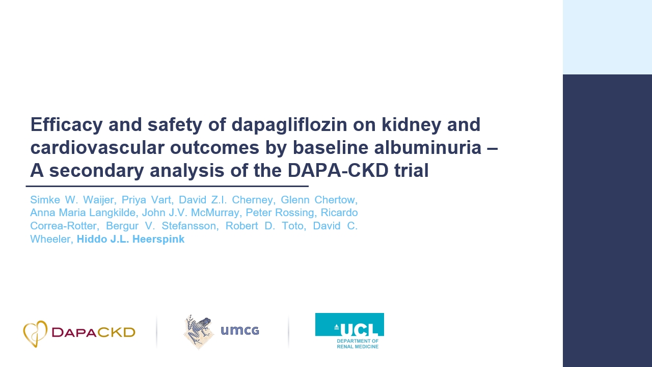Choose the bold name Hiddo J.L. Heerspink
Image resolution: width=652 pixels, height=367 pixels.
pos(130,239)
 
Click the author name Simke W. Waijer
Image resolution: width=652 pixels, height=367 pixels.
pos(72,199)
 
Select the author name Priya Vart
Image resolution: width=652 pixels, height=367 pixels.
pos(146,199)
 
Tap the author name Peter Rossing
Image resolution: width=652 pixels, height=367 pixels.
pos(286,213)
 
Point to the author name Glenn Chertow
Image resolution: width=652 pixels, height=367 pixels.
pos(319,199)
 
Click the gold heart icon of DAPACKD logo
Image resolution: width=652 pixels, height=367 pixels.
pos(35,334)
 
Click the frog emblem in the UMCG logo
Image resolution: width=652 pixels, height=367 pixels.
pos(199,331)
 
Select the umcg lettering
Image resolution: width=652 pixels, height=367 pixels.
pos(240,331)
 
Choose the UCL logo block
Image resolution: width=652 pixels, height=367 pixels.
pos(349,325)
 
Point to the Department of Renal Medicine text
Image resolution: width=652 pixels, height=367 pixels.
pos(357,344)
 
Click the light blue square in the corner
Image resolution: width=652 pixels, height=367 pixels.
pos(607,37)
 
